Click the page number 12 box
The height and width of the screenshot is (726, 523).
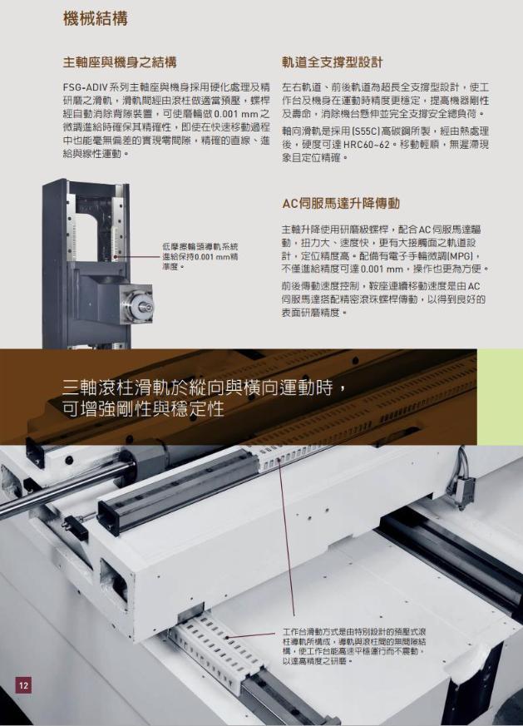23,684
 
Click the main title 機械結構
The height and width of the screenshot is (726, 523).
96,19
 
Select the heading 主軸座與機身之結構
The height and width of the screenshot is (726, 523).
120,62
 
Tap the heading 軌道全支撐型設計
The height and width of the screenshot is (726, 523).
333,62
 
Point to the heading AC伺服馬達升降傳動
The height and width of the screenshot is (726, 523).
341,203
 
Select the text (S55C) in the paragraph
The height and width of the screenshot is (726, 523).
365,131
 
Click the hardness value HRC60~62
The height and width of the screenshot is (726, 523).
366,145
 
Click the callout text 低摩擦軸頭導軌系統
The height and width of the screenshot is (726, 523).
200,247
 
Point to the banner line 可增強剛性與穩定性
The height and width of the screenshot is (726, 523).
144,409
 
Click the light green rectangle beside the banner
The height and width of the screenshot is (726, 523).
500,397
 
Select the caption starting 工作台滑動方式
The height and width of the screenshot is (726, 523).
354,646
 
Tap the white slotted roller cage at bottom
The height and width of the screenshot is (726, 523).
217,645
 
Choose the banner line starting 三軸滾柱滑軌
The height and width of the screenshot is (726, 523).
204,388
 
